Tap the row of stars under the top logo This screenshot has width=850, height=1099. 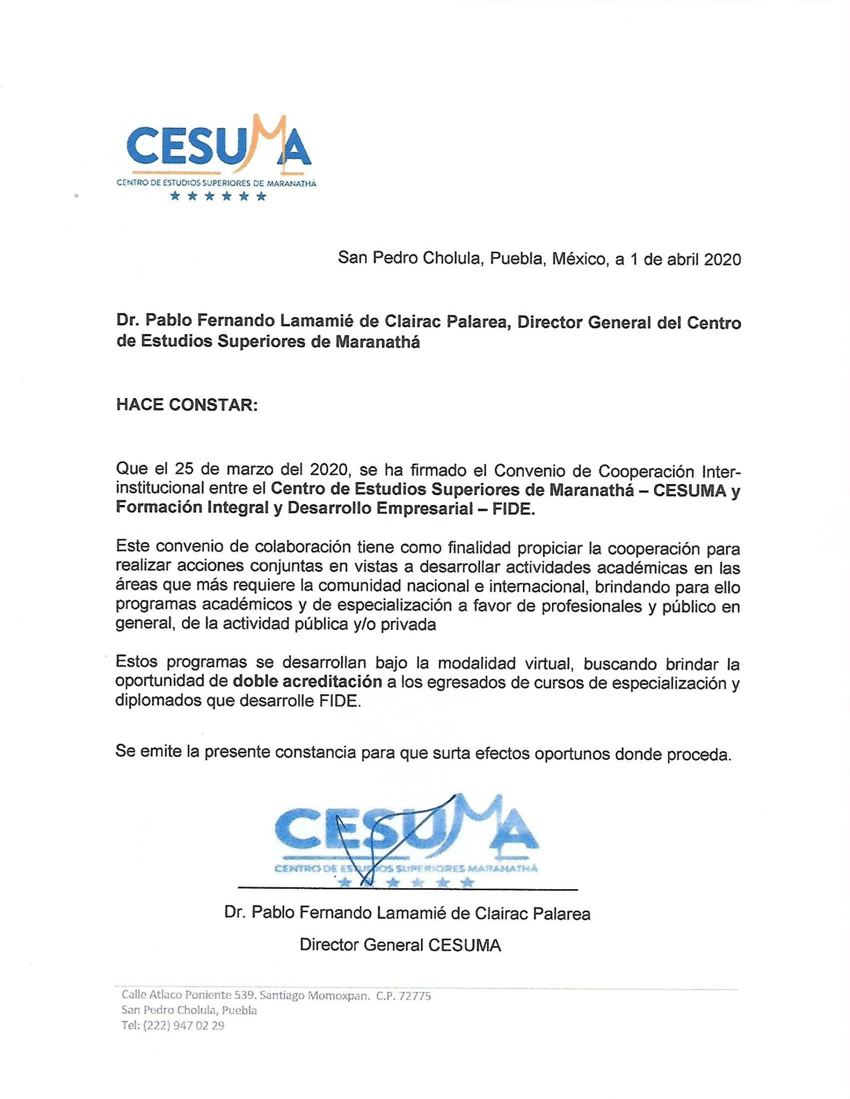coord(217,196)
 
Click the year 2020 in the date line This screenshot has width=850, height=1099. coord(722,260)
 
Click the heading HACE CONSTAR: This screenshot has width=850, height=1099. coord(187,405)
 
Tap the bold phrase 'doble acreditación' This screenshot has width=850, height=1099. coord(307,682)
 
